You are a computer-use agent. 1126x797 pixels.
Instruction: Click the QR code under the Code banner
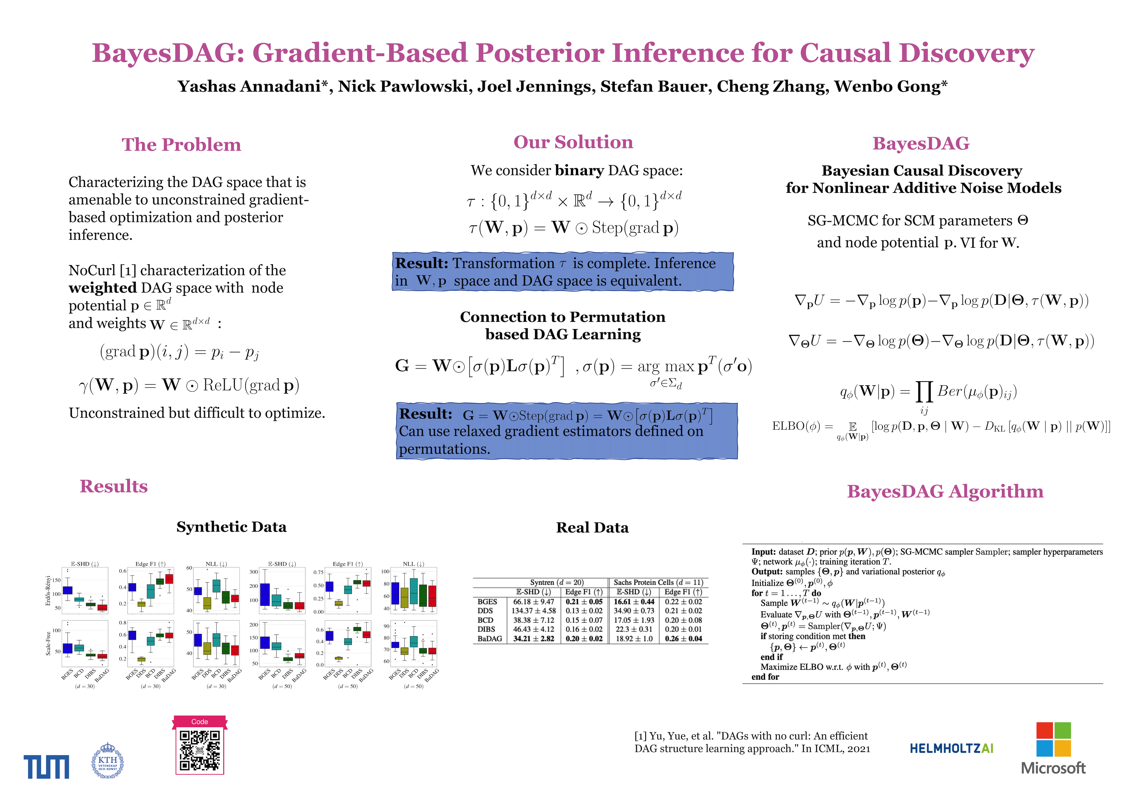point(200,751)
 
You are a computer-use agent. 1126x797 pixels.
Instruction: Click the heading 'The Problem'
point(181,145)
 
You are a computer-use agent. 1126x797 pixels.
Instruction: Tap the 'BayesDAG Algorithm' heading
point(945,491)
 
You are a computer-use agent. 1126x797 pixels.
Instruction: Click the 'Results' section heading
point(113,486)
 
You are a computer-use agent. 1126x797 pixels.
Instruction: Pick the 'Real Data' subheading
point(592,527)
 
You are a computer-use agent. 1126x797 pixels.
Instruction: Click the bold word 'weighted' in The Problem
point(102,288)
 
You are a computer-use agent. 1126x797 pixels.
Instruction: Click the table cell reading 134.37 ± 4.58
point(534,611)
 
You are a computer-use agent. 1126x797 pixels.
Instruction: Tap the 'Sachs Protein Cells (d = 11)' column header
point(658,583)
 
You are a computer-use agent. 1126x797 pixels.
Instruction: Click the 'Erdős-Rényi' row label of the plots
point(48,590)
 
